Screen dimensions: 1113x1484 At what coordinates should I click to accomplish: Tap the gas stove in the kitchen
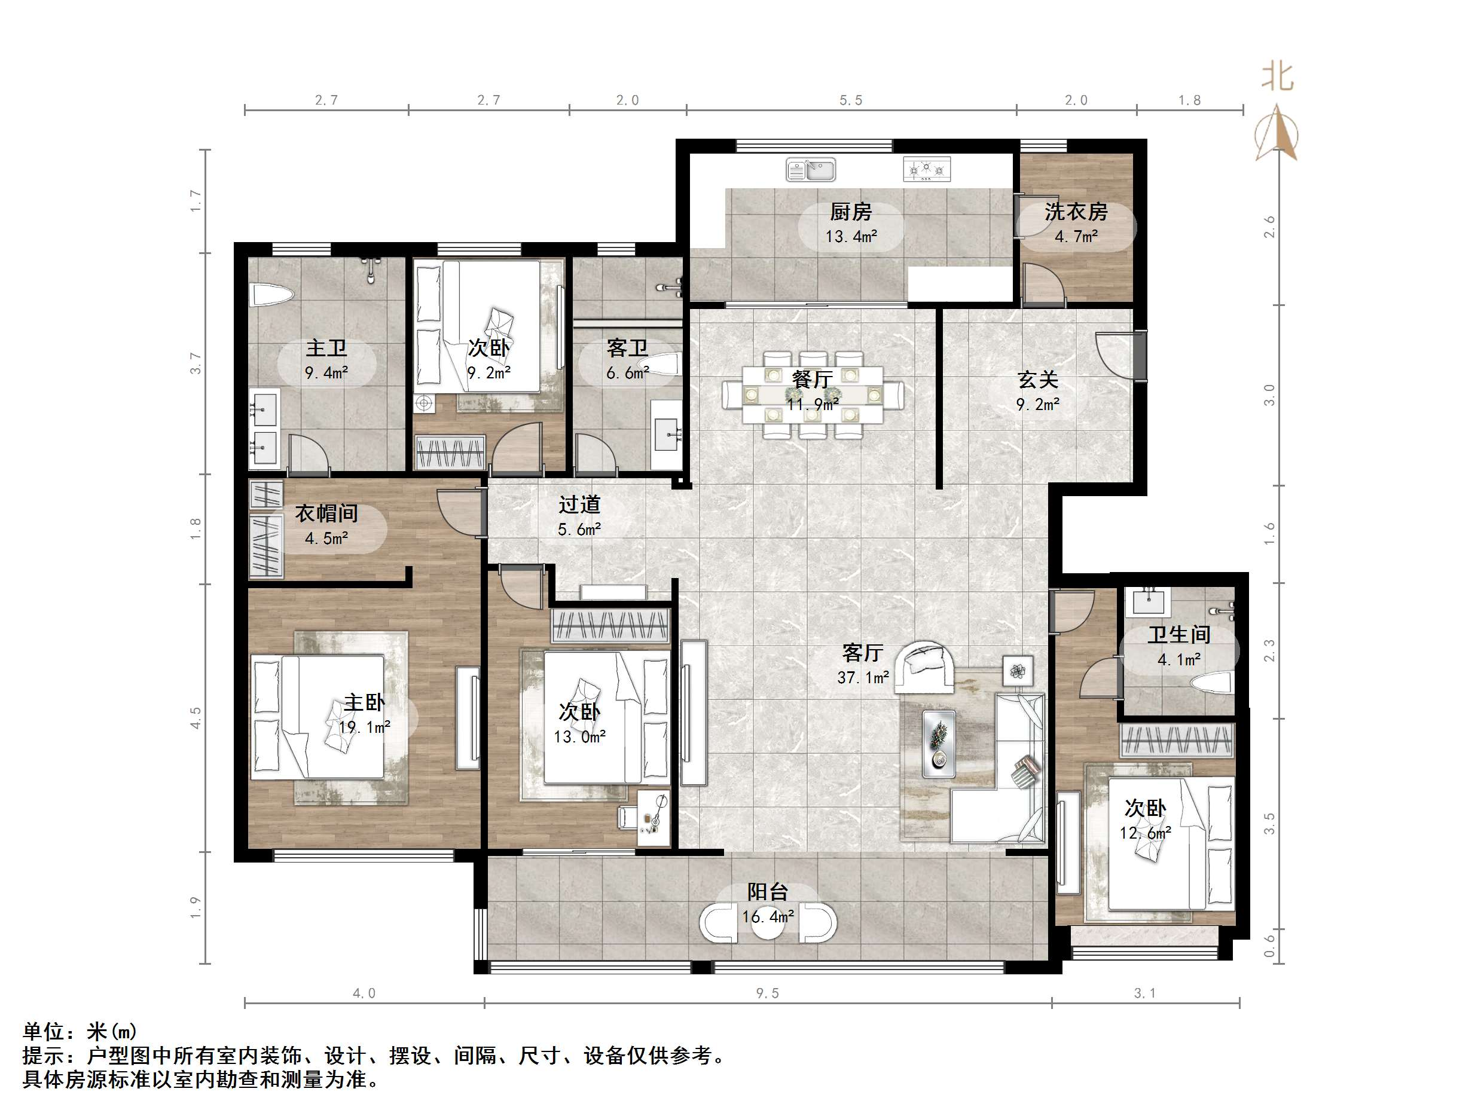tap(927, 169)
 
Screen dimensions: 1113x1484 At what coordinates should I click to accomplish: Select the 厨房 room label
tap(851, 213)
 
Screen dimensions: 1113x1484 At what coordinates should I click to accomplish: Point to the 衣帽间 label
tap(326, 514)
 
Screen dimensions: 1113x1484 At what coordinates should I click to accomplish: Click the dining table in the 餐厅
tap(813, 395)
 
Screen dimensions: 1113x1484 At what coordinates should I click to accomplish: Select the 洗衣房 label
tap(1076, 213)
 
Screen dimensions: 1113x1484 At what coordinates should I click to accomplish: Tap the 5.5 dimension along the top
tap(850, 100)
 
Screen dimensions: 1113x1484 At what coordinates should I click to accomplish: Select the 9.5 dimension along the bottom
tap(767, 993)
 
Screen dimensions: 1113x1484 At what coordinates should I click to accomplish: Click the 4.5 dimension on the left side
tap(196, 718)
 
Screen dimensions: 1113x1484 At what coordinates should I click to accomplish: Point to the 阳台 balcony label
tap(768, 892)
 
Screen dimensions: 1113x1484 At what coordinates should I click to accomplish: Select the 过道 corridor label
tap(579, 504)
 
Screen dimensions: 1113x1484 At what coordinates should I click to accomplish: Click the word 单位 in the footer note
tap(43, 1031)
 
